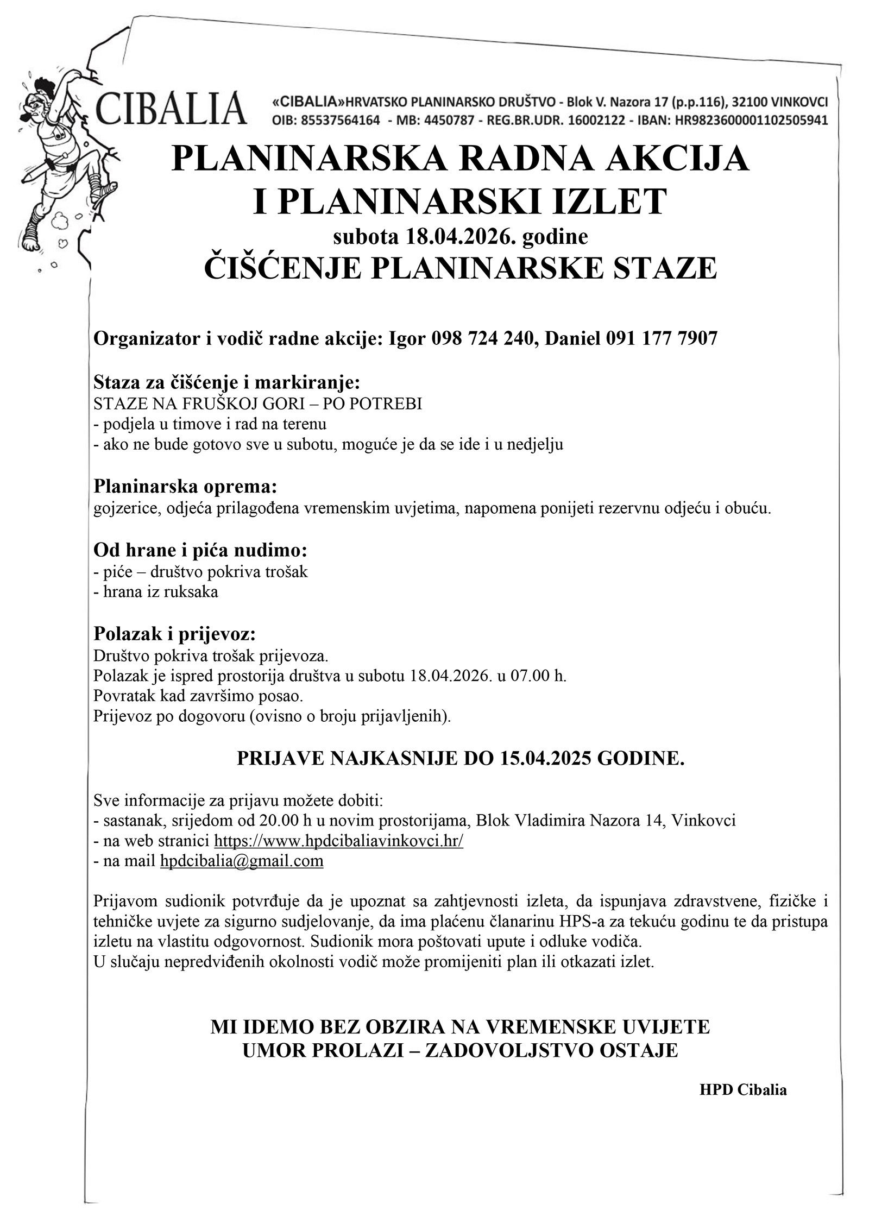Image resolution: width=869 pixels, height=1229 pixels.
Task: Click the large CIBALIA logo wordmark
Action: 170,109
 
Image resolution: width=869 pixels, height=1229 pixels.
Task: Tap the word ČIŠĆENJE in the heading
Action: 282,268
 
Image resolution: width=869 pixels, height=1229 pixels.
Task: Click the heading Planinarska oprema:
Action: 186,486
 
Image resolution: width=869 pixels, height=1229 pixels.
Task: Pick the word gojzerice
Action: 126,509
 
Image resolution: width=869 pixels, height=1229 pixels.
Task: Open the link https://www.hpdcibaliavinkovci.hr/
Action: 338,841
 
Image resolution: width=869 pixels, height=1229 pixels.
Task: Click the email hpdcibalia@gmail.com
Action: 242,861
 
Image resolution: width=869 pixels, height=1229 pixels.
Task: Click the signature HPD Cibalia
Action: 742,1090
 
